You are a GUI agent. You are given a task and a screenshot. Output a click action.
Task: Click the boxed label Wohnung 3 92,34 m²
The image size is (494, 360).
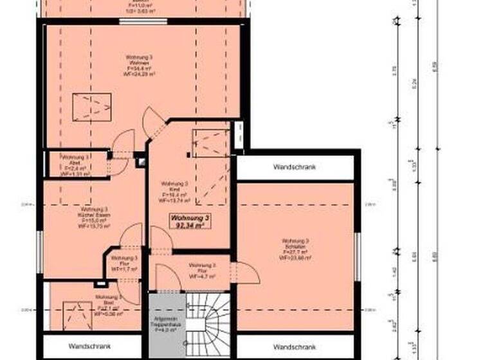tap(190, 222)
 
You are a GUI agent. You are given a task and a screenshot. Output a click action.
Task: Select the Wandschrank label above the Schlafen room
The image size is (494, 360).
tap(295, 167)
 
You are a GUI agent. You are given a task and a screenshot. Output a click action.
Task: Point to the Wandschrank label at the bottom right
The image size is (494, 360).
tap(295, 346)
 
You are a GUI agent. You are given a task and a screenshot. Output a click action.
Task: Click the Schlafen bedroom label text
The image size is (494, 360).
tap(296, 249)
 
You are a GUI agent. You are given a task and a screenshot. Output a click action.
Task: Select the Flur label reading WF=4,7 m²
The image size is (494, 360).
tap(202, 270)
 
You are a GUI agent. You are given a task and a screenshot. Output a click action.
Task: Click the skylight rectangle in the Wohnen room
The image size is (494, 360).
tap(91, 106)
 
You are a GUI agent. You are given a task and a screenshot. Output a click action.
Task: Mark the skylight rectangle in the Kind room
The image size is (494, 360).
tap(210, 142)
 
